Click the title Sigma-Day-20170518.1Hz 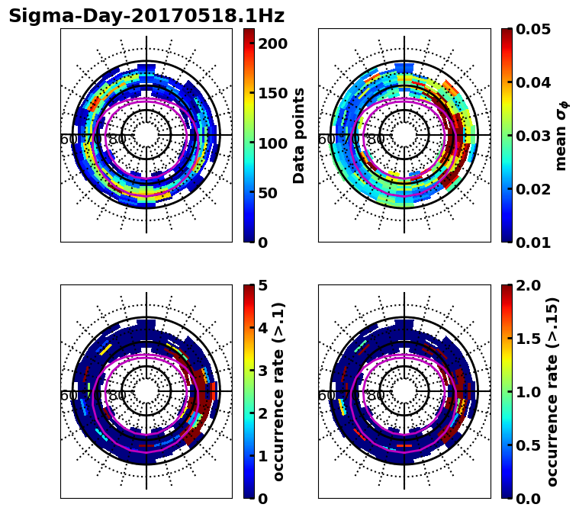[146, 16]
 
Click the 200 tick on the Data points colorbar [272, 43]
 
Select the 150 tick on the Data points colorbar [272, 93]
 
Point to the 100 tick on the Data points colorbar [272, 143]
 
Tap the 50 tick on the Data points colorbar [268, 193]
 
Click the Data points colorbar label [299, 136]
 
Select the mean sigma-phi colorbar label [561, 136]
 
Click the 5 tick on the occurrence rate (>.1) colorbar [262, 285]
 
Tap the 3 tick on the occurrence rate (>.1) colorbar [262, 371]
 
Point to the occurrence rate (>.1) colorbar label [278, 392]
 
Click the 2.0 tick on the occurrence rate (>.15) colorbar [526, 285]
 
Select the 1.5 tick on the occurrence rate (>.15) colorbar [526, 339]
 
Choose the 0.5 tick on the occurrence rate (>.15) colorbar [526, 445]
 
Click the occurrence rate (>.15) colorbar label [552, 392]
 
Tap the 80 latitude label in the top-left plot [117, 140]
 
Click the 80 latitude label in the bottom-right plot [375, 396]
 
